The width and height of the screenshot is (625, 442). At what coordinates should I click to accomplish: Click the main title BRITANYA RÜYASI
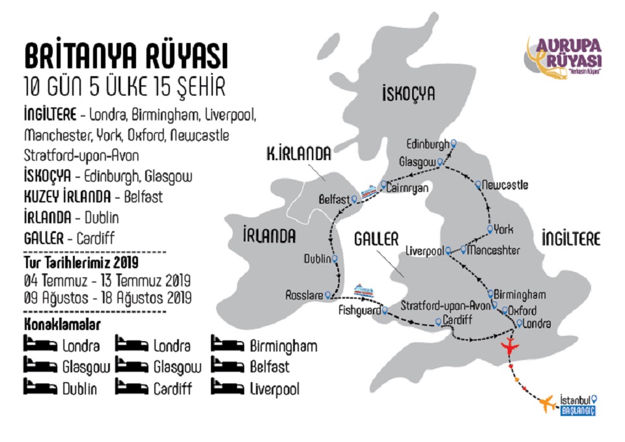click(x=126, y=57)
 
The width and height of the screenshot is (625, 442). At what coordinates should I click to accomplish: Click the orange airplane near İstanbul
click(x=547, y=404)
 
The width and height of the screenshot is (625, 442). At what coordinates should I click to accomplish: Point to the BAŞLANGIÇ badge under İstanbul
click(x=578, y=411)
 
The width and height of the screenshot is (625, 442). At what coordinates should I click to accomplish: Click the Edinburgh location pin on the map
click(x=454, y=144)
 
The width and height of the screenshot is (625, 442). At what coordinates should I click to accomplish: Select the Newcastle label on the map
click(x=505, y=186)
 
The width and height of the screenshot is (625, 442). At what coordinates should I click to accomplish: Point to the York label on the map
click(x=503, y=229)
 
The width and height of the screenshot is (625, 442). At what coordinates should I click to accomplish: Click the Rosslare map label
click(x=304, y=296)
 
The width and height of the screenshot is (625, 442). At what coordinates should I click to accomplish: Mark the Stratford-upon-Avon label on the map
click(x=445, y=305)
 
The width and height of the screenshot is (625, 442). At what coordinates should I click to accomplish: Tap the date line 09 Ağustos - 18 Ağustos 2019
click(x=107, y=298)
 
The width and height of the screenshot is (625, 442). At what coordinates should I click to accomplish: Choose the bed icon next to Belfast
click(x=228, y=366)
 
